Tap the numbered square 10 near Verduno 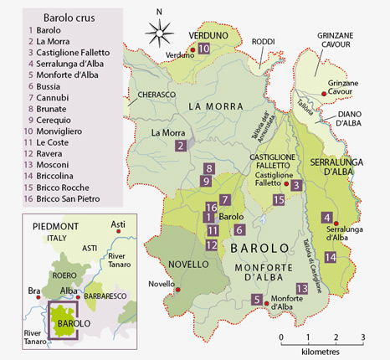(203, 49)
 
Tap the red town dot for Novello (178, 290)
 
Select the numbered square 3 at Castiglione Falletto (296, 185)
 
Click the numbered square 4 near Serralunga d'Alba (326, 218)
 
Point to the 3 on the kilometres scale (362, 337)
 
